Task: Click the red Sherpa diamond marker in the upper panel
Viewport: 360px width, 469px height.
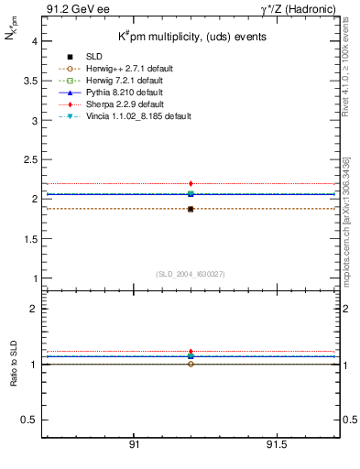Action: click(191, 184)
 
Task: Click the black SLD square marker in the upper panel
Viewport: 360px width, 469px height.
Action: click(191, 209)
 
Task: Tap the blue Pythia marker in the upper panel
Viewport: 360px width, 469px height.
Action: click(191, 193)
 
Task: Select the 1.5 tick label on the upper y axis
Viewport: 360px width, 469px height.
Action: click(29, 238)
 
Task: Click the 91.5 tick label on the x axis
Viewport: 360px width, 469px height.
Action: click(276, 444)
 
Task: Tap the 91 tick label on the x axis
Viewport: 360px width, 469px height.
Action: click(134, 444)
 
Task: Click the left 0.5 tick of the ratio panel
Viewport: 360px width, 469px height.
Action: click(29, 420)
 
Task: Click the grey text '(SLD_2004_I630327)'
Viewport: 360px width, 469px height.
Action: click(191, 274)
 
